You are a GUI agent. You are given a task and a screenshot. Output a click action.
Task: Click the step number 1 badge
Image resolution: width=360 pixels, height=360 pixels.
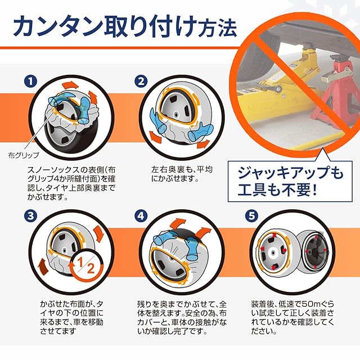(30, 82)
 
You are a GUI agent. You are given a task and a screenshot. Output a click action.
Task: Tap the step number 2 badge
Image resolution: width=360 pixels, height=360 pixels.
(141, 82)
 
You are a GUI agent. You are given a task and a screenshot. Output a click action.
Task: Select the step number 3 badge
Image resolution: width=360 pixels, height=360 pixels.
(30, 216)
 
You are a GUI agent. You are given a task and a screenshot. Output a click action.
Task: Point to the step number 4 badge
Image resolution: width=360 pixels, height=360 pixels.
(141, 216)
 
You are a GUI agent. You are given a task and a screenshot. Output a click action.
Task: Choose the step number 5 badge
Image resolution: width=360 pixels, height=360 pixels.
(251, 216)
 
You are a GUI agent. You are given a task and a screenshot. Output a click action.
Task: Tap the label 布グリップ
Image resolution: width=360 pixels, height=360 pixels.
(24, 155)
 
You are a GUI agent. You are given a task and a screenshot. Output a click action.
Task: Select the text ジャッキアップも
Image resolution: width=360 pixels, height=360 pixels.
(290, 173)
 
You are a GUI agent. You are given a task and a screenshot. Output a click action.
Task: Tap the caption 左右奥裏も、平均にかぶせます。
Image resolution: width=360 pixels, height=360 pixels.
(182, 174)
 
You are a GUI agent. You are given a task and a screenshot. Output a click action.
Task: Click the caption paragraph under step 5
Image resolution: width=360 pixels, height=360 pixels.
(292, 317)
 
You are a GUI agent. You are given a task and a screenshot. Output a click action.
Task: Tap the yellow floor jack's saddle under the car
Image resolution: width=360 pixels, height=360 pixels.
(308, 50)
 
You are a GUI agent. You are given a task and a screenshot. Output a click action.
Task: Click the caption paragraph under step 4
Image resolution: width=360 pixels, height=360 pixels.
(182, 317)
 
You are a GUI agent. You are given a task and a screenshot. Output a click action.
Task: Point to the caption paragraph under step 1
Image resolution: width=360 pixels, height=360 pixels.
(71, 183)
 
